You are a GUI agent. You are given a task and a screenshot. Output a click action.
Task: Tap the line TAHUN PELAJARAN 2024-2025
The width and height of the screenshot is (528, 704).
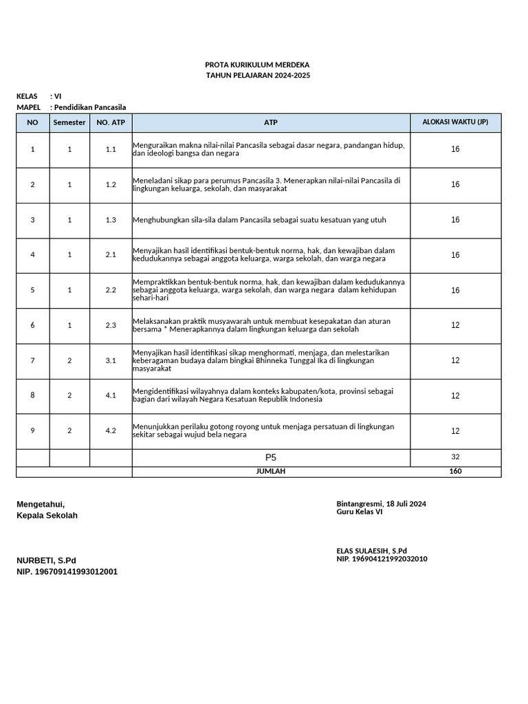point(258,75)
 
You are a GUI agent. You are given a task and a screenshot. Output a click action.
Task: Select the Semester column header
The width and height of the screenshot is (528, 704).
point(69,122)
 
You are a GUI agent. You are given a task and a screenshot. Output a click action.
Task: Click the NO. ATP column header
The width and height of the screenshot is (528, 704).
point(111,122)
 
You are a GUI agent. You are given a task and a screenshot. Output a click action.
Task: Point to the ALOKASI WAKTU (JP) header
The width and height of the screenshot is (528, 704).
point(455,122)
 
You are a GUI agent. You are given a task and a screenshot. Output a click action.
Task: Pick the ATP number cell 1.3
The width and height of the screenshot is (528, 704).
point(111,220)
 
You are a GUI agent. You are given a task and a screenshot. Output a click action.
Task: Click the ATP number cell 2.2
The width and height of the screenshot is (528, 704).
point(111,290)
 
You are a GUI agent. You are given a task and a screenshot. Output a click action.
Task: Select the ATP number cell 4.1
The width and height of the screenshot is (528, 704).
point(111,395)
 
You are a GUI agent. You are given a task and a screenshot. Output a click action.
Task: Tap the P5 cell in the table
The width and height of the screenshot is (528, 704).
point(271,457)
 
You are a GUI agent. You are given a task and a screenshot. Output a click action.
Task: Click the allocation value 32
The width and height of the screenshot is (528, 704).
point(455,457)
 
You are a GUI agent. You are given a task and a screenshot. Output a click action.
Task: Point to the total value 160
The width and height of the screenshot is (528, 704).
point(455,472)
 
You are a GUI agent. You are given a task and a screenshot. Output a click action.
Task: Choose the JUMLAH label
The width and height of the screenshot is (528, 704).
point(271,472)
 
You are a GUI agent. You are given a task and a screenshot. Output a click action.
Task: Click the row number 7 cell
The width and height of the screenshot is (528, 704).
point(32,360)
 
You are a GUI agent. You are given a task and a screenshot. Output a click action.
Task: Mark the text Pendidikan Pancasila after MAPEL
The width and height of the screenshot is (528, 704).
point(90,107)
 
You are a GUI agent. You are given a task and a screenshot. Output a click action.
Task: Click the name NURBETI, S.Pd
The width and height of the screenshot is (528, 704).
point(46,560)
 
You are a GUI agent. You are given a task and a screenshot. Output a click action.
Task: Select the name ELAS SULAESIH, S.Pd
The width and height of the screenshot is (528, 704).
point(371,551)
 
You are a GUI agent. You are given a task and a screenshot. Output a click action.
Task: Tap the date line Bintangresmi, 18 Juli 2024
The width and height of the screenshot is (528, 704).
point(381,504)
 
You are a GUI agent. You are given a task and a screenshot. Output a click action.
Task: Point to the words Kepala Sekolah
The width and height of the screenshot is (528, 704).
point(47,516)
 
